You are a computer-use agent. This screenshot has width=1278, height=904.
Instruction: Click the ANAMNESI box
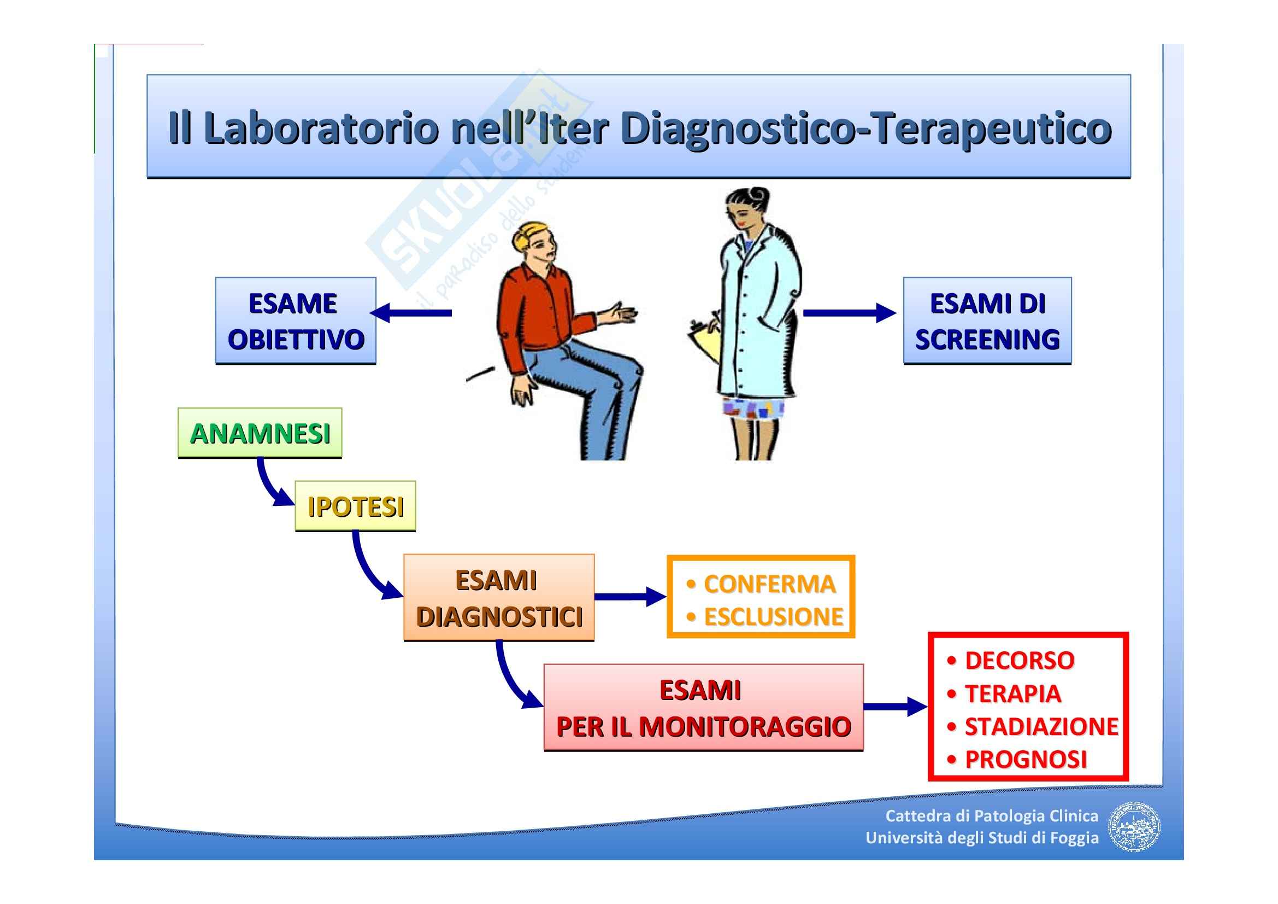click(260, 433)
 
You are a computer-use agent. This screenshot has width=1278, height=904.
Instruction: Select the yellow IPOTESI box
click(355, 506)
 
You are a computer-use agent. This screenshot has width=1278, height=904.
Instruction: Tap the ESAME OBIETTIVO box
click(296, 321)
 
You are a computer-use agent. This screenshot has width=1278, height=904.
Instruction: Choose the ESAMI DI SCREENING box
click(987, 321)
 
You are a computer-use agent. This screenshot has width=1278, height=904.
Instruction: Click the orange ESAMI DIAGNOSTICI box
click(499, 597)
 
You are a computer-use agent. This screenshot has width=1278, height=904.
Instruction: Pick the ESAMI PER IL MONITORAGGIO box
click(703, 707)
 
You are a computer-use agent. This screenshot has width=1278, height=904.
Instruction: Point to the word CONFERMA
click(769, 584)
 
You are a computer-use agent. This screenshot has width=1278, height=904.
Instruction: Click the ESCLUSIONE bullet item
click(773, 616)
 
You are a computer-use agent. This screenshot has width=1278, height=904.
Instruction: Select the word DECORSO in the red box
click(1019, 661)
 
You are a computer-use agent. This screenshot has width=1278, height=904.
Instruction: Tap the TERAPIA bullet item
click(1012, 694)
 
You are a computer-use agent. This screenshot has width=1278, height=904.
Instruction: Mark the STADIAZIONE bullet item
click(1041, 726)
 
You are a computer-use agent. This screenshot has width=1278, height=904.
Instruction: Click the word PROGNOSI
click(1025, 759)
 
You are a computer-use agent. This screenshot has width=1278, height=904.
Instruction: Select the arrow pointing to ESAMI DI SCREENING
click(849, 312)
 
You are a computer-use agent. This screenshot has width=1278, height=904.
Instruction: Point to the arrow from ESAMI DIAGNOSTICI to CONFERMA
click(629, 597)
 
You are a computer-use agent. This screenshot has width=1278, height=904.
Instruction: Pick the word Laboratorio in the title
click(322, 128)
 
